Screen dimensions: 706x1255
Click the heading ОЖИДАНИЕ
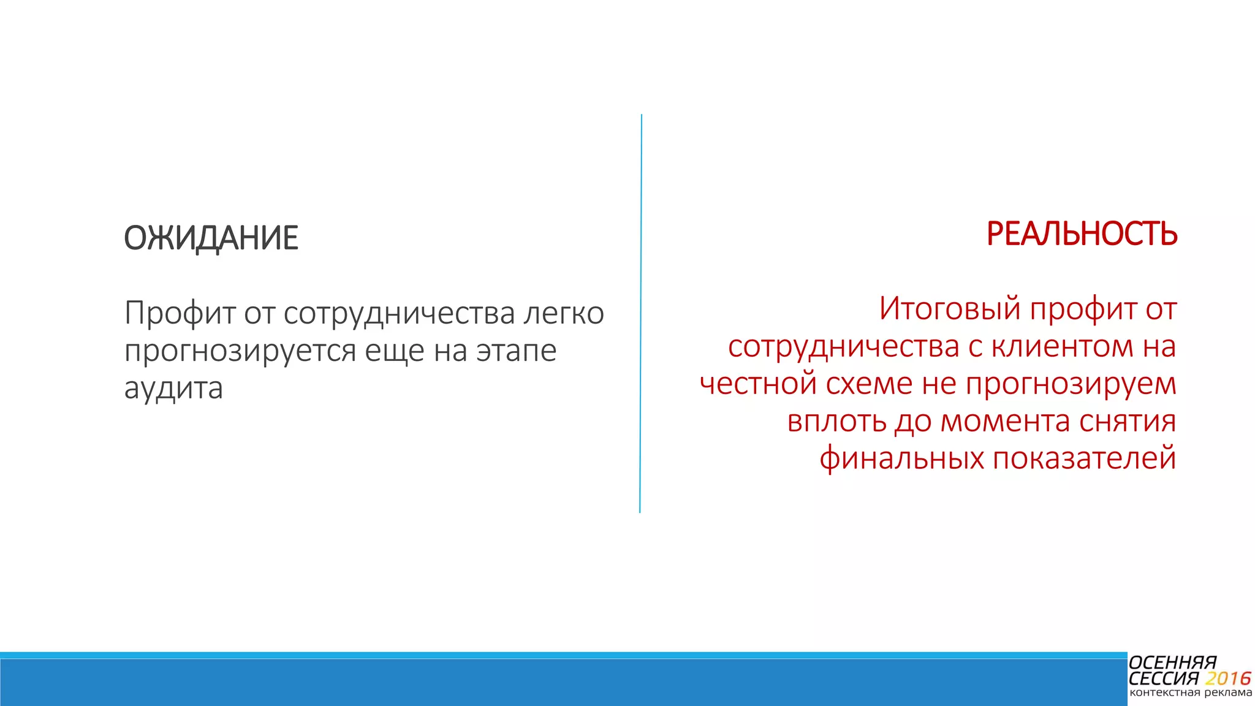point(211,238)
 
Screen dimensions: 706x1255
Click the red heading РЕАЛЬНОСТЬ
point(1082,233)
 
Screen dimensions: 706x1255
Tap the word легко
point(564,313)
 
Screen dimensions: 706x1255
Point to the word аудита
point(173,388)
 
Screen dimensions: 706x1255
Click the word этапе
point(517,351)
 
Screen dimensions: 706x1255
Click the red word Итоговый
point(950,308)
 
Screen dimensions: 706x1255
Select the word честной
point(757,384)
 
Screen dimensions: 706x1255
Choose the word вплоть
point(836,421)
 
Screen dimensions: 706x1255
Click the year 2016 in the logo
point(1227,678)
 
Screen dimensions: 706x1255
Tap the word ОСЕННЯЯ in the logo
point(1172,663)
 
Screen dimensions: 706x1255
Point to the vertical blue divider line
point(641,313)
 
